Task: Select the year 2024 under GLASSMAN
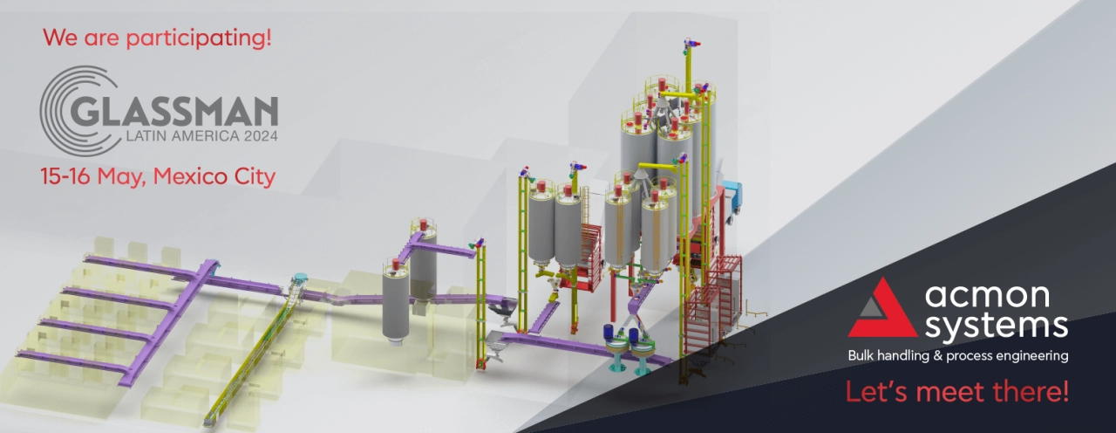coord(261,135)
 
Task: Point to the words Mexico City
coord(214,177)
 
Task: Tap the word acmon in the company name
coord(988,296)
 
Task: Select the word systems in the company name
coord(997,326)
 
